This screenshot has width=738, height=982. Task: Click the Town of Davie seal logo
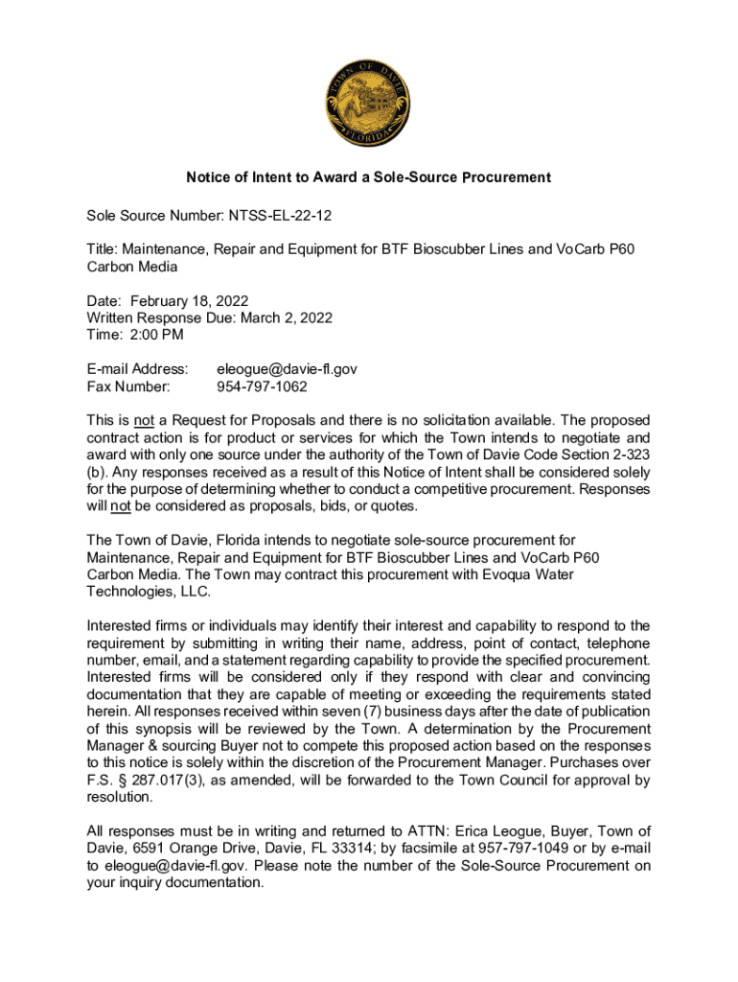click(x=369, y=103)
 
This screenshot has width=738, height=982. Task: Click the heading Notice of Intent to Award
click(x=368, y=177)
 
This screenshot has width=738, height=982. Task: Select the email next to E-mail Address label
click(x=287, y=368)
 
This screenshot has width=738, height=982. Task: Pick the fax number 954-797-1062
click(x=262, y=386)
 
